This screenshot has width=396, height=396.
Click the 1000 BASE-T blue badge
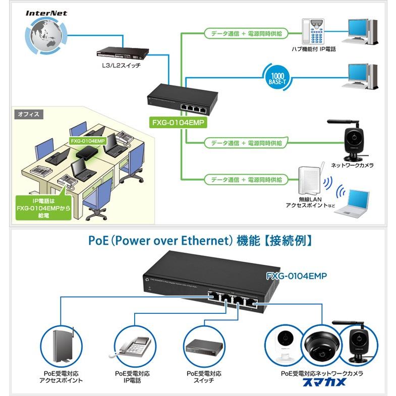tap(276, 77)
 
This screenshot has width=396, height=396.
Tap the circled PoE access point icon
tap(62, 346)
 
